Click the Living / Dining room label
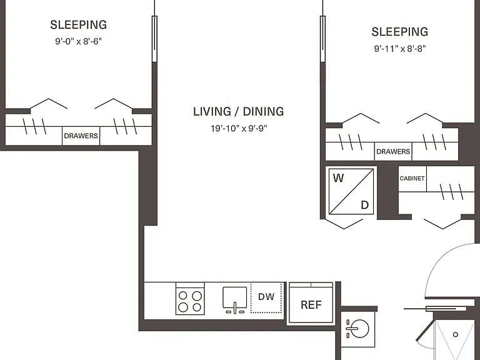coord(239,111)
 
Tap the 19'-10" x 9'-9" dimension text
coord(239,128)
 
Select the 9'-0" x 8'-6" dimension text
coord(78,41)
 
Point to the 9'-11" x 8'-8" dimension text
coord(400,48)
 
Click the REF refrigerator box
coord(311,302)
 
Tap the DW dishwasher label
coord(266,296)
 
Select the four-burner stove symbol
coord(190,299)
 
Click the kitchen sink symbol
coord(234,300)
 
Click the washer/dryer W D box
coord(351,192)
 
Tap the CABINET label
coord(412,178)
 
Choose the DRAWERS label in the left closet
coord(81,136)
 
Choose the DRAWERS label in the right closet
coord(393,151)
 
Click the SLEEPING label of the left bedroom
coord(78,25)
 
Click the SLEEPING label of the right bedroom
coord(400,32)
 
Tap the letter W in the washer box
coord(338,178)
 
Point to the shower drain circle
coord(456,334)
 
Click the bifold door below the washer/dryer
coord(344,224)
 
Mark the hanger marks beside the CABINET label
coord(451,192)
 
